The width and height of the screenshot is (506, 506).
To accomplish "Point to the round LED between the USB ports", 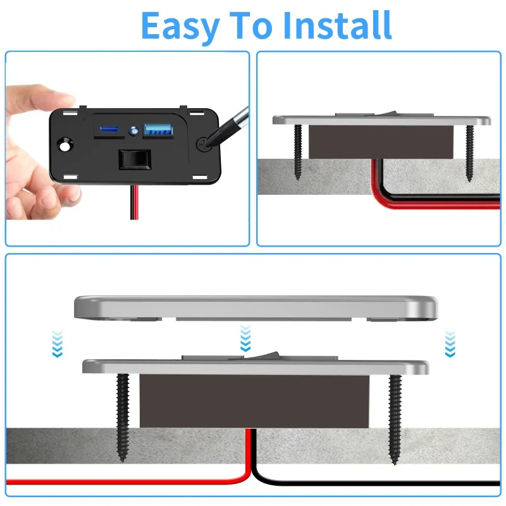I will (133, 131).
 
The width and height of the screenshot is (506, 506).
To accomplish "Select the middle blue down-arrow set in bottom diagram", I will (245, 339).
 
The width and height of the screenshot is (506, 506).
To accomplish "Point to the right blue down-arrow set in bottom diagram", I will (450, 343).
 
